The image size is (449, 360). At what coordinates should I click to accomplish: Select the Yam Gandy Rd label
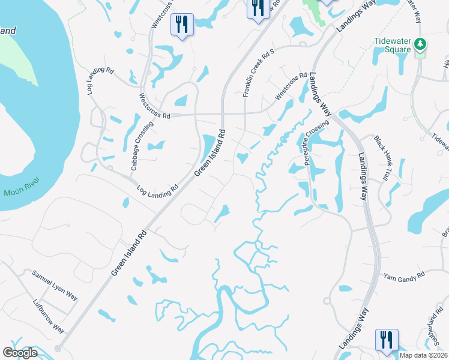(404, 275)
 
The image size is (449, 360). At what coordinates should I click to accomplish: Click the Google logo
(20, 353)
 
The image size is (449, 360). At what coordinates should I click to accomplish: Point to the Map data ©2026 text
(423, 355)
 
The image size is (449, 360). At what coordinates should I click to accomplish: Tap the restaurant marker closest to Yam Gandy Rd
(386, 339)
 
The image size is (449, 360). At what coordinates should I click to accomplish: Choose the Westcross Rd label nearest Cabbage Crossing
(154, 106)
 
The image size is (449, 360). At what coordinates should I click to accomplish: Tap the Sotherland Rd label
(435, 328)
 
